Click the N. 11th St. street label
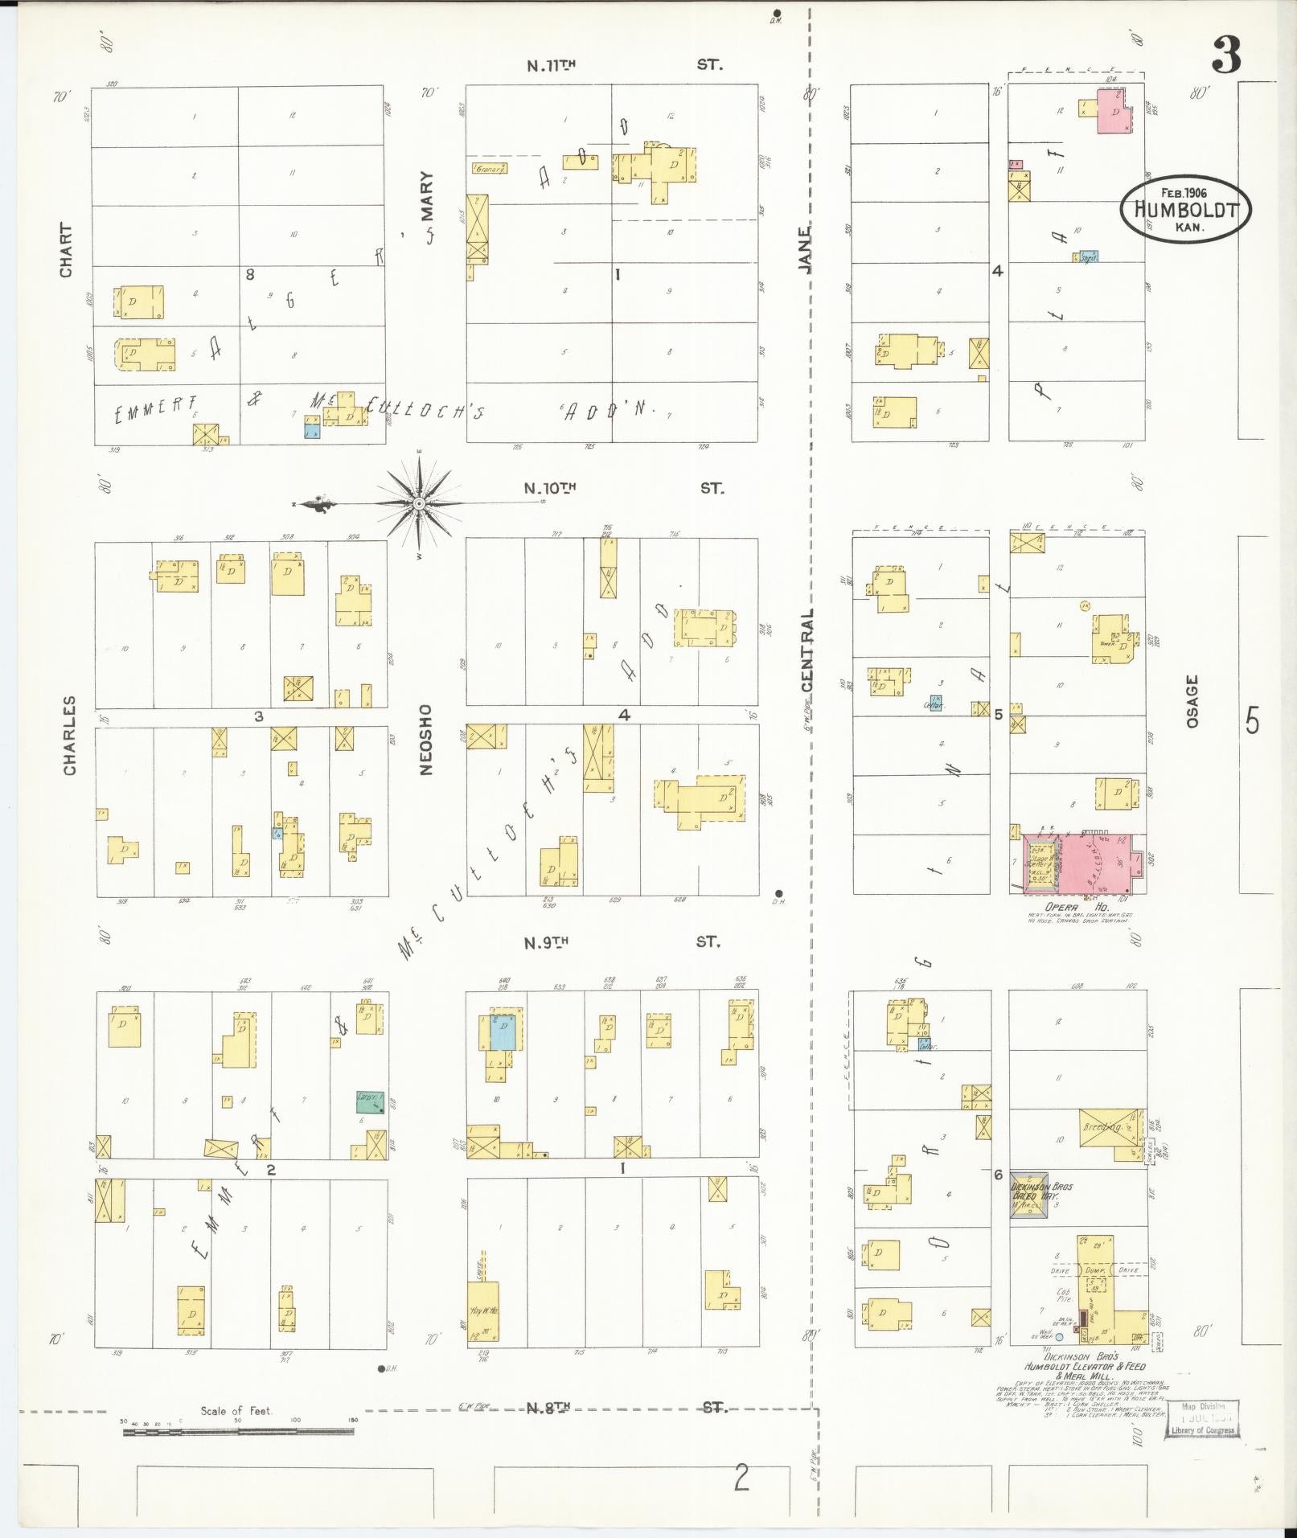click(x=624, y=65)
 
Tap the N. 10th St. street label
click(x=622, y=488)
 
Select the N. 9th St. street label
click(x=621, y=941)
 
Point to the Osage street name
click(x=1192, y=701)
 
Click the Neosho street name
click(x=425, y=740)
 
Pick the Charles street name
click(x=70, y=736)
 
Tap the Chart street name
click(x=65, y=251)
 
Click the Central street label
click(x=807, y=650)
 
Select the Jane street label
click(x=804, y=248)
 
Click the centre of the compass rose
click(x=419, y=504)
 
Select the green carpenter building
click(x=370, y=1101)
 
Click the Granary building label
click(x=489, y=169)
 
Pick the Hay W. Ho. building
click(x=482, y=1310)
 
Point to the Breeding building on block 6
click(x=1110, y=1128)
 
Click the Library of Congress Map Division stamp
click(x=1205, y=1418)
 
